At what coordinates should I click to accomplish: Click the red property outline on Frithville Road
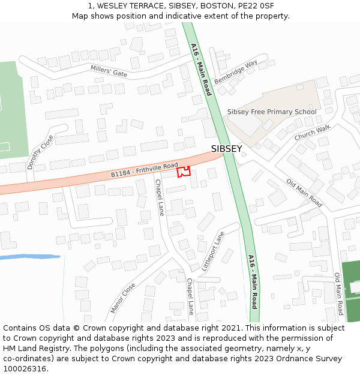[x=184, y=172]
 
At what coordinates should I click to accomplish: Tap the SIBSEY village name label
[x=226, y=149]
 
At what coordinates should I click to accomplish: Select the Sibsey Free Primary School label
[x=271, y=112]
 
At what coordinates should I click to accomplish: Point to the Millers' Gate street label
[x=109, y=71]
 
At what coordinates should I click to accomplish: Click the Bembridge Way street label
[x=236, y=71]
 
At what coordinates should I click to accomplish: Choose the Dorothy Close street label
[x=40, y=151]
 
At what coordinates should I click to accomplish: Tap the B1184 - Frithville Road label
[x=145, y=170]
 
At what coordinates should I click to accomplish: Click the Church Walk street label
[x=312, y=133]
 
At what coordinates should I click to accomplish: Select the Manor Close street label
[x=123, y=298]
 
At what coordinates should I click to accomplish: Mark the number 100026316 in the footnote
[x=24, y=368]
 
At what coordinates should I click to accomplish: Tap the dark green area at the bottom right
[x=350, y=291]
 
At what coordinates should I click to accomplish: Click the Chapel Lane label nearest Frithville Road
[x=159, y=197]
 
